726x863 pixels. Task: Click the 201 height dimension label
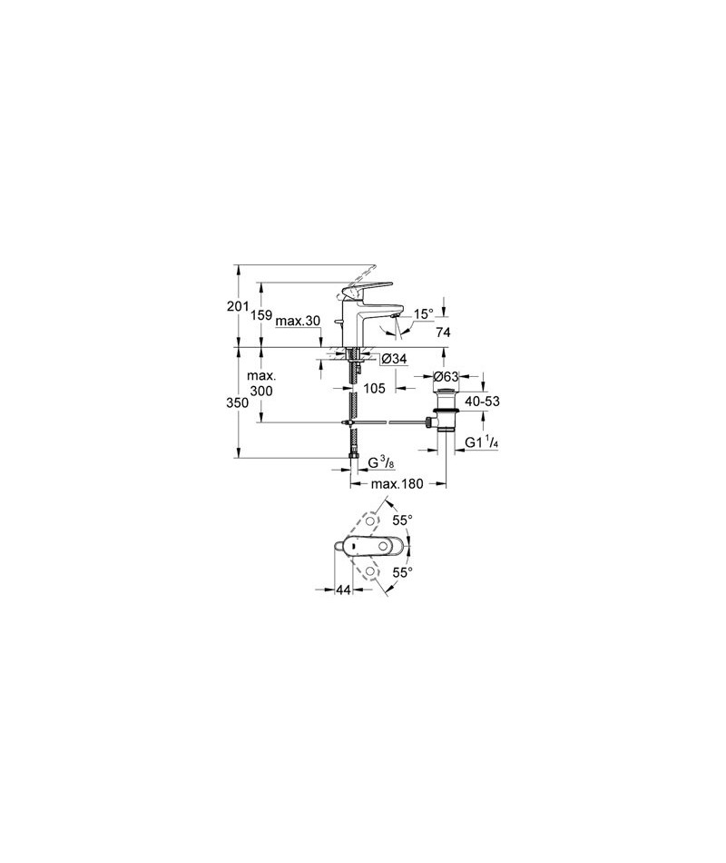pyautogui.click(x=238, y=306)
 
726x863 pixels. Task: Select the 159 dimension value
pyautogui.click(x=261, y=315)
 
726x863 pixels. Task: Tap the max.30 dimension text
pyautogui.click(x=298, y=321)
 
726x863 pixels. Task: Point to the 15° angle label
pyautogui.click(x=424, y=313)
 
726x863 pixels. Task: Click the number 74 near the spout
pyautogui.click(x=443, y=332)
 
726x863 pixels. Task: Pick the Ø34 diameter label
pyautogui.click(x=394, y=359)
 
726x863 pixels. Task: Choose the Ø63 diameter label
pyautogui.click(x=446, y=377)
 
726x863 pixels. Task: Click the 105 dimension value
pyautogui.click(x=375, y=389)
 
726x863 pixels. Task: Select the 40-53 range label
pyautogui.click(x=483, y=402)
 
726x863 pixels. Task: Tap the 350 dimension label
pyautogui.click(x=238, y=402)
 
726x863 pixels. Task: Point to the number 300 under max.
pyautogui.click(x=261, y=391)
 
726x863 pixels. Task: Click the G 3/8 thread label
pyautogui.click(x=380, y=463)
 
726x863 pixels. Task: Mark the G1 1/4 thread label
pyautogui.click(x=482, y=442)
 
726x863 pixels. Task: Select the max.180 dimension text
pyautogui.click(x=397, y=484)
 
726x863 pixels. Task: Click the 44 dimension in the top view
pyautogui.click(x=343, y=590)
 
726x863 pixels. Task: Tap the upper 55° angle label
pyautogui.click(x=403, y=520)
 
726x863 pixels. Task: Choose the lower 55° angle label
pyautogui.click(x=403, y=572)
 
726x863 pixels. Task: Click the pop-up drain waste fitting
pyautogui.click(x=443, y=412)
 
